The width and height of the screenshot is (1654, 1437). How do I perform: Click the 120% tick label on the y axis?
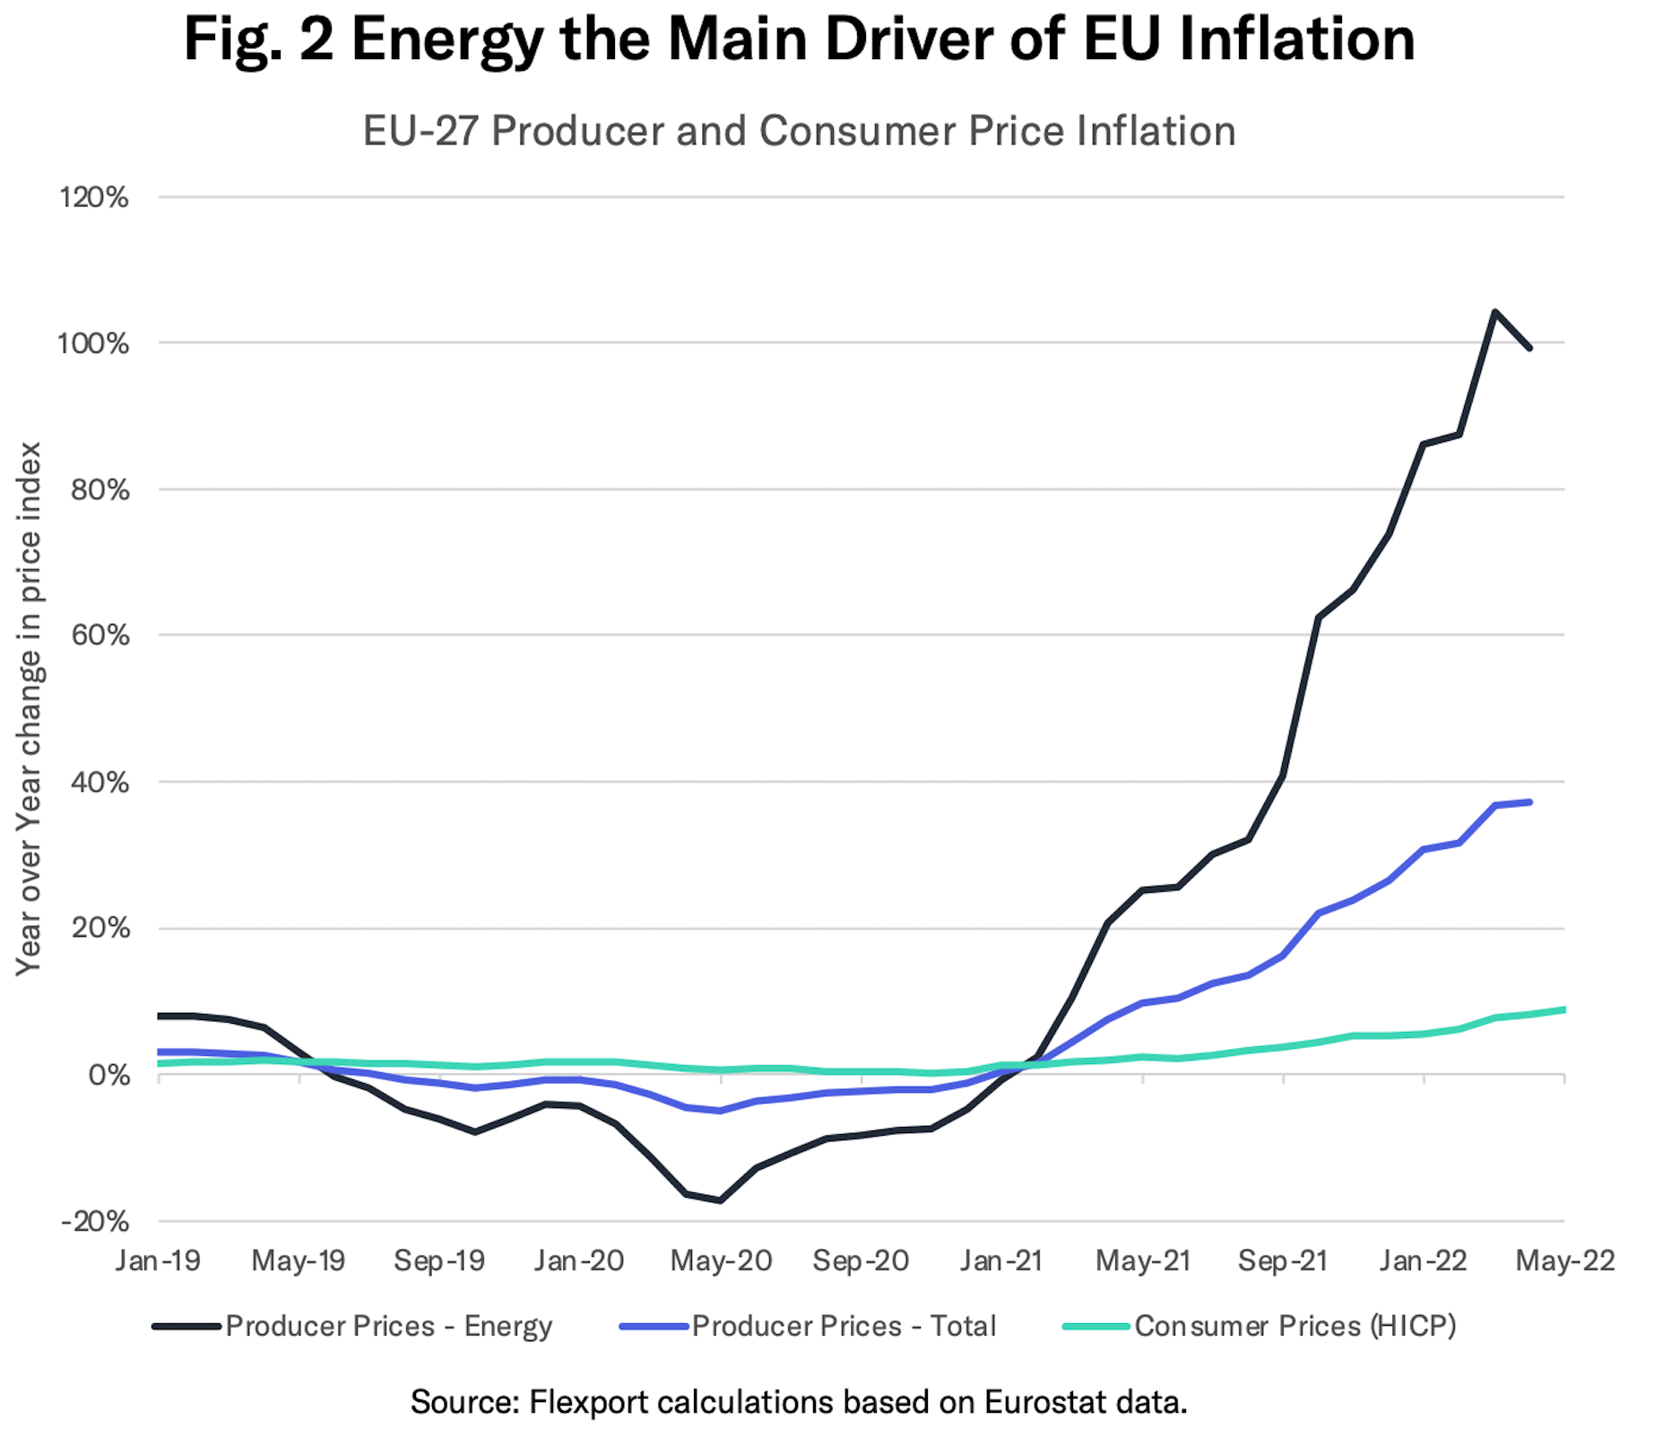coord(94,197)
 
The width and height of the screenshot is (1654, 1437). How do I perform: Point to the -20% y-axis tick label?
coord(94,1221)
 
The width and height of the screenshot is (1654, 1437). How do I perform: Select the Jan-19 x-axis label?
coord(158,1260)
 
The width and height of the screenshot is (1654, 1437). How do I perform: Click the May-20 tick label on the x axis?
coord(721,1260)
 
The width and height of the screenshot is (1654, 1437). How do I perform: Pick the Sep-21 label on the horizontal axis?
coord(1283,1260)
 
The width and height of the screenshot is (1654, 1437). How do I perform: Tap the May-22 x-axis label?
coord(1564,1260)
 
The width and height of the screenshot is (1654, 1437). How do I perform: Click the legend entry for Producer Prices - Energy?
coord(388,1326)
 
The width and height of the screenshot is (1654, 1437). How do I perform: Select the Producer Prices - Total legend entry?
coord(844,1326)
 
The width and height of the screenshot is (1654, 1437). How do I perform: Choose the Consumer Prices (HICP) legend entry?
coord(1295,1326)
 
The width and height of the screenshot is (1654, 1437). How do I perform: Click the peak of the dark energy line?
coord(1494,312)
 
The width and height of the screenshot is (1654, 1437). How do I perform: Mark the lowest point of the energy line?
coord(720,1200)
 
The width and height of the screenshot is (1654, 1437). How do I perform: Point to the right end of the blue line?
coord(1529,801)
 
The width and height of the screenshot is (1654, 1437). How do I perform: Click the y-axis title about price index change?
coord(30,708)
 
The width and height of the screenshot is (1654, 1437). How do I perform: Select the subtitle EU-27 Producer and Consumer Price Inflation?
coord(799,131)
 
